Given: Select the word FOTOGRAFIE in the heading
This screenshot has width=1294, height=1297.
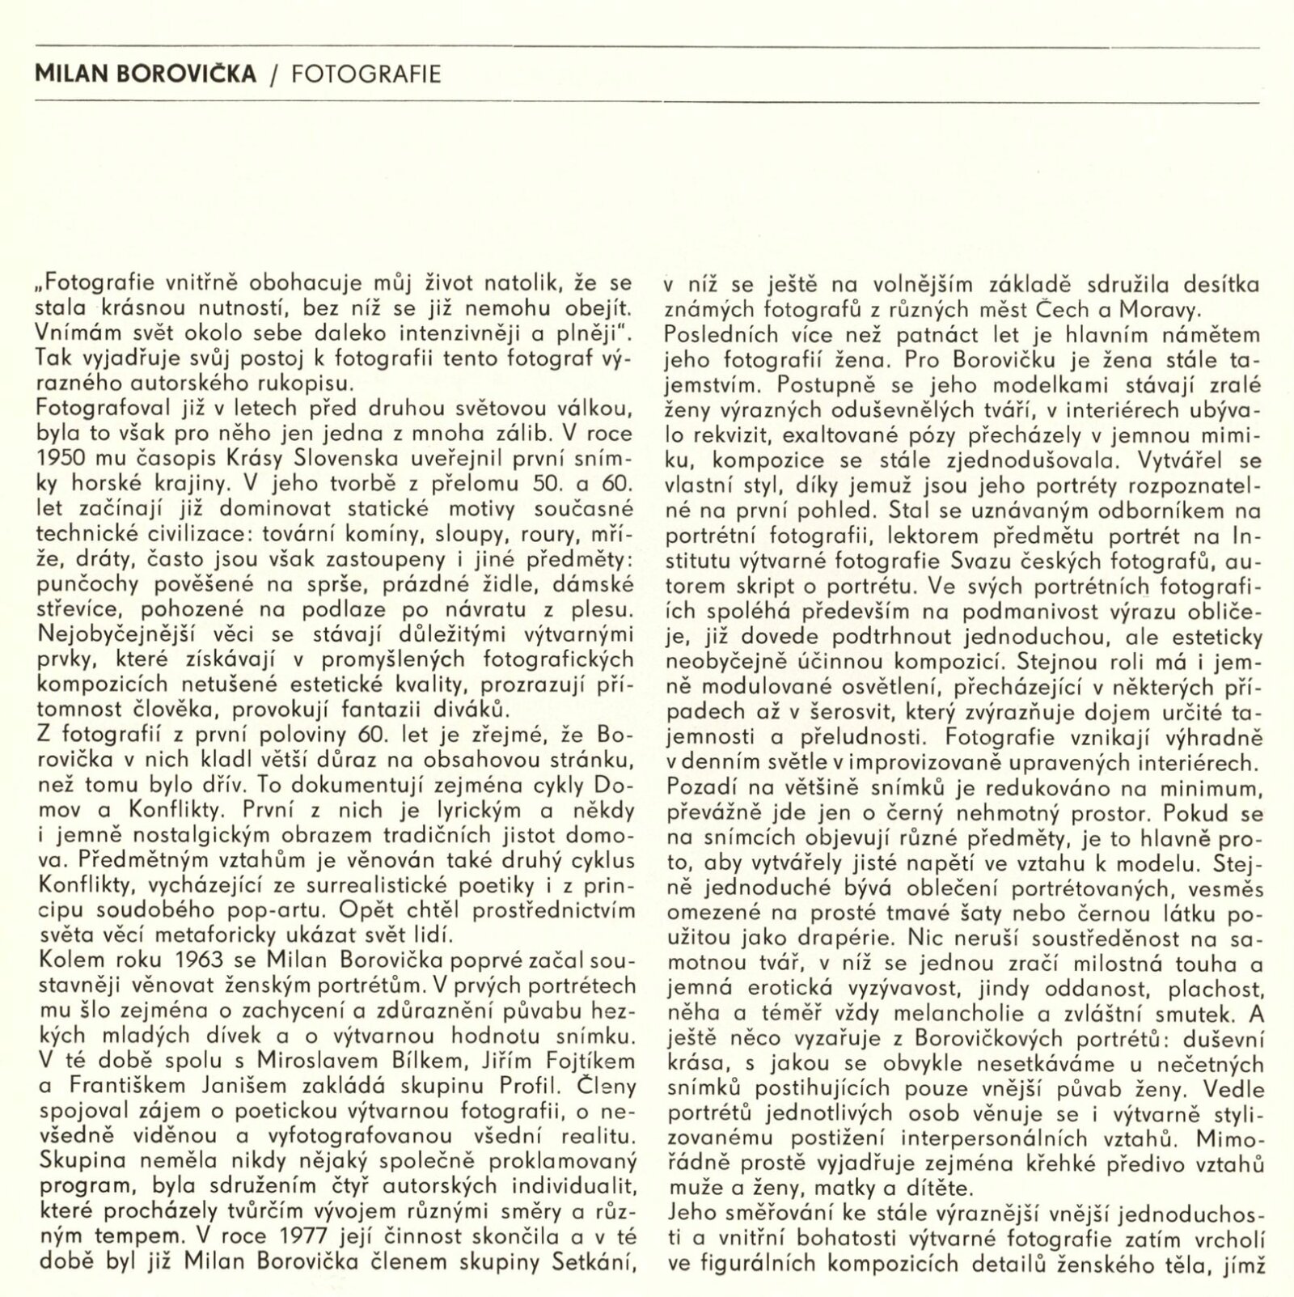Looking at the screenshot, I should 366,74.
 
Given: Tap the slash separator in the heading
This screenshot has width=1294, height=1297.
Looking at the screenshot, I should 273,74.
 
